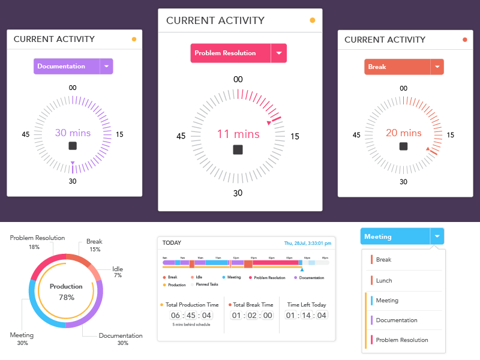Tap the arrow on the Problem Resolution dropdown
click(x=278, y=53)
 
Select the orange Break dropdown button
click(x=397, y=67)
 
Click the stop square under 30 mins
click(x=73, y=146)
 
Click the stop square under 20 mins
click(x=403, y=146)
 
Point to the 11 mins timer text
click(x=238, y=134)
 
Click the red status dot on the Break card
click(x=464, y=40)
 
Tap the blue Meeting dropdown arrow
click(x=437, y=236)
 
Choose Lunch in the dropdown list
click(x=383, y=280)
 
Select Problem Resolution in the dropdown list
click(x=401, y=340)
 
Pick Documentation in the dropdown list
click(x=397, y=320)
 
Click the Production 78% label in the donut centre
click(x=66, y=292)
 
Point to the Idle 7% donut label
click(x=118, y=272)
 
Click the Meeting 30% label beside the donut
click(x=22, y=338)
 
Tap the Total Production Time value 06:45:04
click(x=191, y=316)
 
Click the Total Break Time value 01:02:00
click(x=252, y=316)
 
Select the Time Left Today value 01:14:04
click(x=306, y=316)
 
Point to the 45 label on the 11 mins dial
click(x=181, y=136)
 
